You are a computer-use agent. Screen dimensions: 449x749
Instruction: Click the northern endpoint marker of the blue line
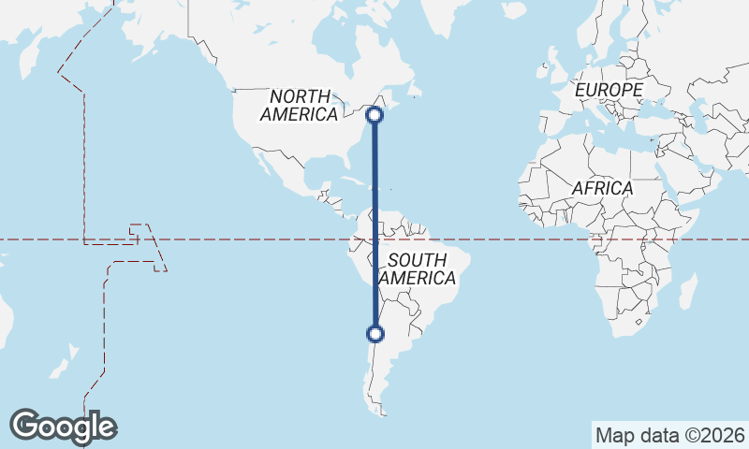(374, 115)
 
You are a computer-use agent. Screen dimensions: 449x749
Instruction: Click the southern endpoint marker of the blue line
(375, 333)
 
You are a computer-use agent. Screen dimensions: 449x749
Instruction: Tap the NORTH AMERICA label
(301, 105)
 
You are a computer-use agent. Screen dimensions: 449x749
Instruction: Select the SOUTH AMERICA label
(418, 268)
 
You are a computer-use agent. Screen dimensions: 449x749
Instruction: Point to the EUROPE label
(609, 90)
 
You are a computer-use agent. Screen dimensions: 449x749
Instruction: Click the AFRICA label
(602, 188)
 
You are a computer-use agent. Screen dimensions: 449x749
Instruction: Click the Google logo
(64, 427)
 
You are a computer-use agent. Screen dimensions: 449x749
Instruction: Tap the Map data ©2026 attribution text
(668, 435)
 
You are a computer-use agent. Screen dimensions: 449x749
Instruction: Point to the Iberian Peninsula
(552, 123)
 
